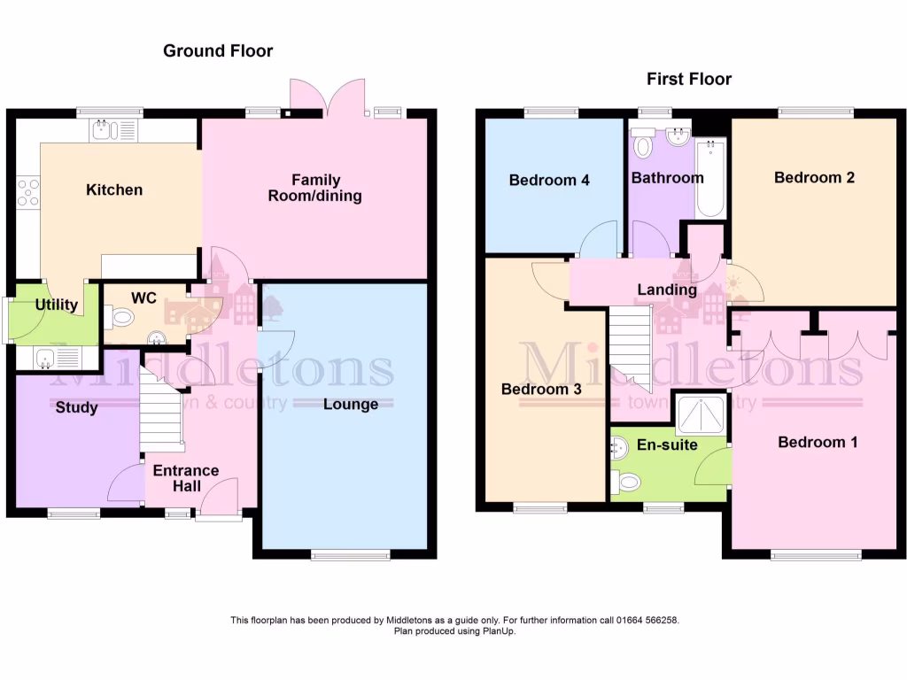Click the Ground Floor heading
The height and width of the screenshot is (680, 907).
click(x=218, y=51)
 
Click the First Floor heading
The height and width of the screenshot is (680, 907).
click(x=689, y=80)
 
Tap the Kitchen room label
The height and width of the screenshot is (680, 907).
click(x=113, y=189)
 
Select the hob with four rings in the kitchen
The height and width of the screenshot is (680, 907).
click(x=28, y=191)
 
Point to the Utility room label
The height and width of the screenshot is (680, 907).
click(x=57, y=305)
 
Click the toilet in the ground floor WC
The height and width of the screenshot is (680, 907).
click(x=119, y=314)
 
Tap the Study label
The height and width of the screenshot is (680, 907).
click(x=76, y=408)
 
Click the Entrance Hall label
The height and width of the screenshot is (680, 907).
click(x=187, y=478)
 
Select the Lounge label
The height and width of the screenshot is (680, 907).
click(x=351, y=405)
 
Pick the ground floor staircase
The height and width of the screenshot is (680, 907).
click(x=161, y=411)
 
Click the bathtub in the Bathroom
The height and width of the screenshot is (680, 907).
click(x=710, y=177)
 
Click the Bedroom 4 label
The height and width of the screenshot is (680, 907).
click(x=549, y=181)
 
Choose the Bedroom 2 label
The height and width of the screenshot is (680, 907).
click(x=814, y=177)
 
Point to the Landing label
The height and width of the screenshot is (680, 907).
click(x=667, y=290)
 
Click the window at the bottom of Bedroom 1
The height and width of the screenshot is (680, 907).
click(x=816, y=556)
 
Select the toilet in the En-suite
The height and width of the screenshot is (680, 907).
click(x=628, y=482)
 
